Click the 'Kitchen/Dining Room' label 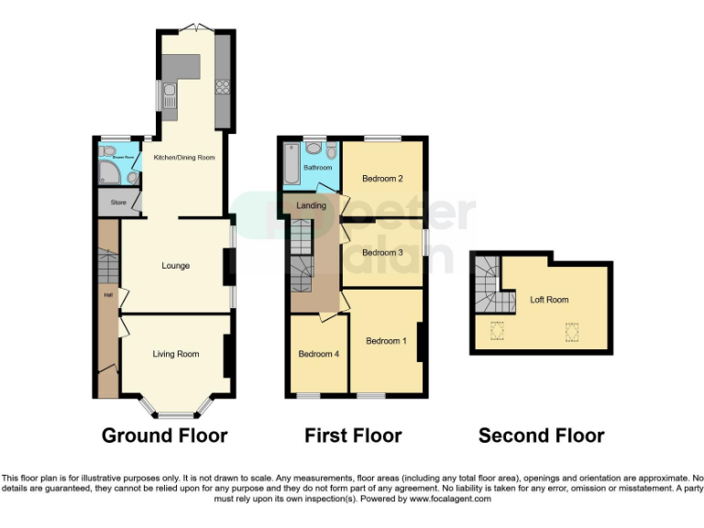pos(184,158)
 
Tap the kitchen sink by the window pos(170,95)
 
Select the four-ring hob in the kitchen pos(222,88)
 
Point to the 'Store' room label pos(117,202)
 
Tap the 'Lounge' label pos(176,266)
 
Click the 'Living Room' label pos(175,354)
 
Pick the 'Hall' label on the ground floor pos(107,295)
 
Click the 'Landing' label pos(312,205)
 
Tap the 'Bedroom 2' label pos(383,178)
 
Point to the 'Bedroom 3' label pos(382,252)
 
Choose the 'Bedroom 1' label pos(386,341)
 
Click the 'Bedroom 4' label pos(318,354)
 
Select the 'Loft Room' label pos(549,300)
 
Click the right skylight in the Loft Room pos(572,331)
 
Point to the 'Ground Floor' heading pos(164,434)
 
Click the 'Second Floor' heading pos(541,434)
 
